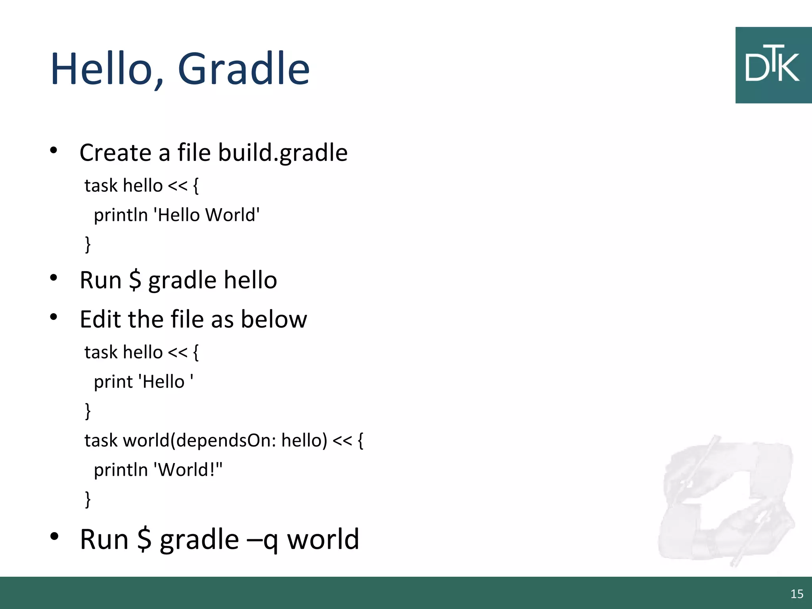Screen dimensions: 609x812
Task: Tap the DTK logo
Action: [x=773, y=65]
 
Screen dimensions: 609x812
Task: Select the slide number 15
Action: [x=797, y=594]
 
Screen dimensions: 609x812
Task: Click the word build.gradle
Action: [x=283, y=153]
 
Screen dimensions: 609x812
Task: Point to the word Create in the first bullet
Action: [x=115, y=153]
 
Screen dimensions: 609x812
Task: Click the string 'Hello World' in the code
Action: [x=209, y=215]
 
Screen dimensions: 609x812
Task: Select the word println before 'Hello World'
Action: [x=121, y=215]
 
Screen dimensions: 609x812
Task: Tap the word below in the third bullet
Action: [x=274, y=319]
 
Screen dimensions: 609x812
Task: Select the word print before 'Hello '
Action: [x=113, y=382]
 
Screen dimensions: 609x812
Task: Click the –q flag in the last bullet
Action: [x=262, y=540]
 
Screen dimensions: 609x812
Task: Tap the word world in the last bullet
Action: [x=323, y=540]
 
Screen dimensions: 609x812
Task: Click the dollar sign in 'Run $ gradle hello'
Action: [x=135, y=280]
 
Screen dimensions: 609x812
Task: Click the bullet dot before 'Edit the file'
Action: [x=54, y=317]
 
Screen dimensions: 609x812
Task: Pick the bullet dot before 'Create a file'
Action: [x=54, y=150]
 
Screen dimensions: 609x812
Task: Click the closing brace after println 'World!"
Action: [x=88, y=499]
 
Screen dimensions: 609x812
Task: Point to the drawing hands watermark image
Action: [x=726, y=502]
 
